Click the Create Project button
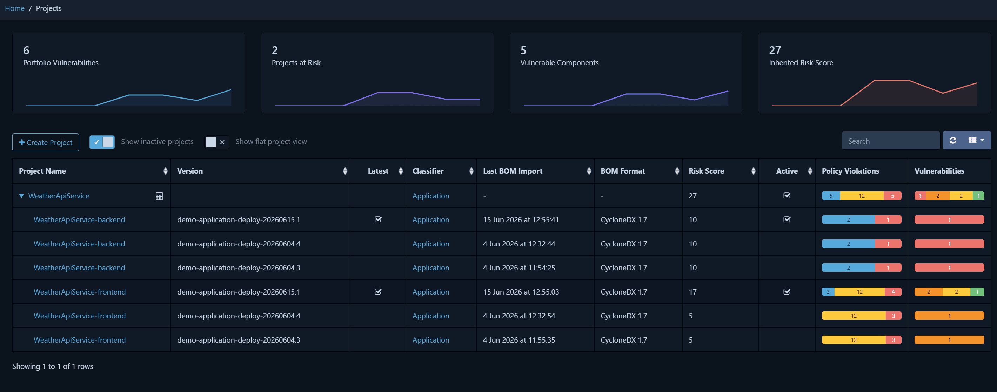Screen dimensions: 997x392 pyautogui.click(x=46, y=142)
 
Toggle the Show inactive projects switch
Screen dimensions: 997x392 pyautogui.click(x=102, y=142)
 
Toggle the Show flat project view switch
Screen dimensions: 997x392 pyautogui.click(x=217, y=142)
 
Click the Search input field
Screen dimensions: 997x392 pyautogui.click(x=891, y=141)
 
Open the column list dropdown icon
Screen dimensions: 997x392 pyautogui.click(x=976, y=141)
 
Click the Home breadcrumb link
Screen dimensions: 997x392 pyautogui.click(x=15, y=8)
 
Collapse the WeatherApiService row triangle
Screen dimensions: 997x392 pyautogui.click(x=22, y=196)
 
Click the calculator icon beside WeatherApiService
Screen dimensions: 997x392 pyautogui.click(x=159, y=196)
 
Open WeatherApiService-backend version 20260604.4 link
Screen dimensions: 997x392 pyautogui.click(x=79, y=244)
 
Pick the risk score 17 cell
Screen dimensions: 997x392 pyautogui.click(x=693, y=292)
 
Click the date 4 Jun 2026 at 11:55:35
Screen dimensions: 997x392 pyautogui.click(x=519, y=340)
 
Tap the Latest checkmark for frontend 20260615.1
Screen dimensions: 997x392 pyautogui.click(x=378, y=292)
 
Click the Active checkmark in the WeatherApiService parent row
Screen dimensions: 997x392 pyautogui.click(x=787, y=195)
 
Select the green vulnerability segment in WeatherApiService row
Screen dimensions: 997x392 pyautogui.click(x=978, y=196)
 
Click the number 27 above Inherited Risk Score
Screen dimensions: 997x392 pyautogui.click(x=775, y=50)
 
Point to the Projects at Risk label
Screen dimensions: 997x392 pyautogui.click(x=296, y=63)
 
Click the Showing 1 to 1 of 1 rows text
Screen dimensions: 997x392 pyautogui.click(x=53, y=366)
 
